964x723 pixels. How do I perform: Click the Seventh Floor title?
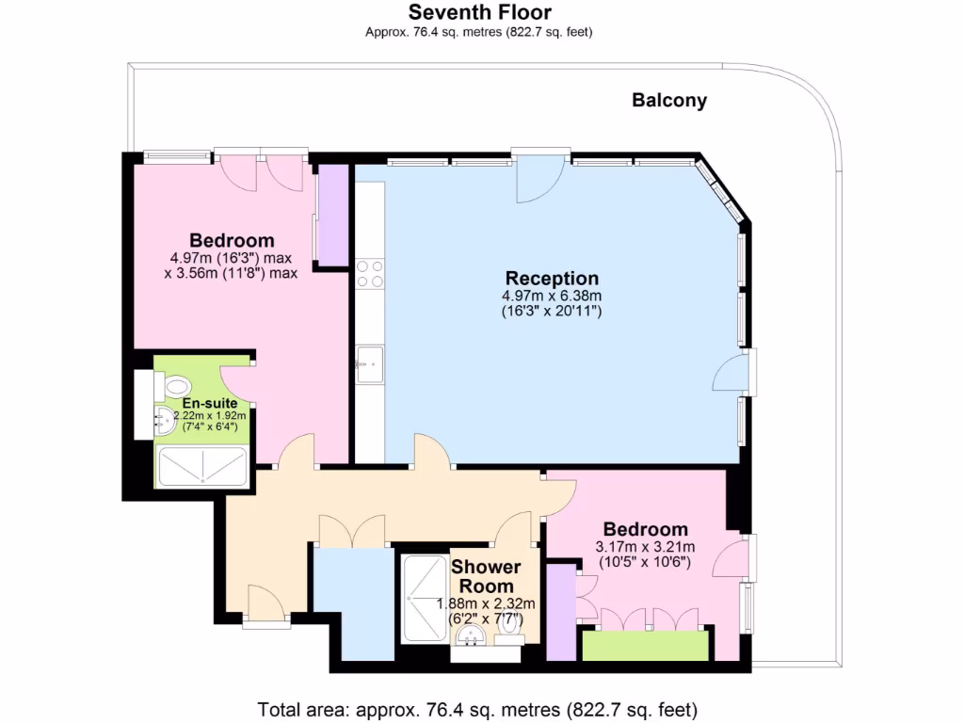click(x=479, y=12)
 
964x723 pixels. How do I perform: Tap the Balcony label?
click(x=669, y=101)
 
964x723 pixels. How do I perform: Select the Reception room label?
click(x=552, y=279)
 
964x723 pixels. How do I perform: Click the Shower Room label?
click(x=486, y=576)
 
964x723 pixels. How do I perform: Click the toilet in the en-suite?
click(x=176, y=386)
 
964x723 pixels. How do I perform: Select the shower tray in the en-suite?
click(x=202, y=467)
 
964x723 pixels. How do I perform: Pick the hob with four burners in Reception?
click(x=370, y=273)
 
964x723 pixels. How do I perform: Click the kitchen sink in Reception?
click(x=370, y=363)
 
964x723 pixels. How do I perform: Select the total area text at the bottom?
click(x=478, y=709)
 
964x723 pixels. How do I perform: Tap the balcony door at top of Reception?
click(x=539, y=176)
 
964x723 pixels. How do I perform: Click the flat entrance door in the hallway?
click(x=265, y=602)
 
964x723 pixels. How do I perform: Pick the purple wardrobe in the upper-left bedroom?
click(x=333, y=216)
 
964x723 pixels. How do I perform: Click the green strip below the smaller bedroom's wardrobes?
click(x=645, y=646)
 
